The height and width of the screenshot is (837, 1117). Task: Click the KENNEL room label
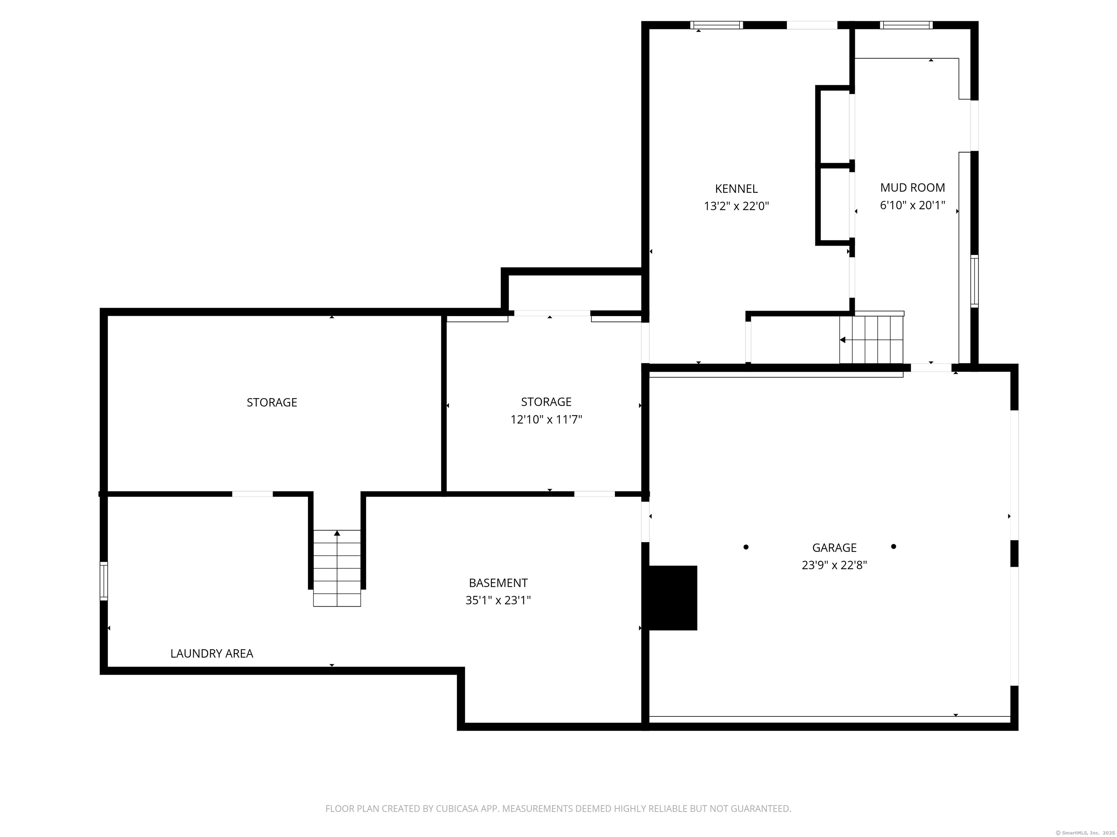[x=736, y=189]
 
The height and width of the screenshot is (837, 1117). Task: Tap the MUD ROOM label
[x=913, y=188]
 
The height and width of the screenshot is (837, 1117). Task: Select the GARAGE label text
[x=834, y=547]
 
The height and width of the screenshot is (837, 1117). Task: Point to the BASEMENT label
[x=499, y=583]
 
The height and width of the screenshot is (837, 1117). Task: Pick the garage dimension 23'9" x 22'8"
[x=834, y=565]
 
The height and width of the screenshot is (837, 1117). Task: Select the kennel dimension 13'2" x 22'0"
[x=736, y=206]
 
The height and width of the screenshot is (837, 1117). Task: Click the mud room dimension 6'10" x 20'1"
[x=913, y=205]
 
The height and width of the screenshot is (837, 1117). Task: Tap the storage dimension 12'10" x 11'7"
[x=547, y=419]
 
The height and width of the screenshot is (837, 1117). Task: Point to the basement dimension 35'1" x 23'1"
[x=499, y=601]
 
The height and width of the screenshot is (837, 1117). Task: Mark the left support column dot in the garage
[x=746, y=547]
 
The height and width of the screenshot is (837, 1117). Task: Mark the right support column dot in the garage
[x=893, y=546]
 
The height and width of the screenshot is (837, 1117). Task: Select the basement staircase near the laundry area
[x=337, y=568]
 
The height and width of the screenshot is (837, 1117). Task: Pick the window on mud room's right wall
[x=974, y=281]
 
